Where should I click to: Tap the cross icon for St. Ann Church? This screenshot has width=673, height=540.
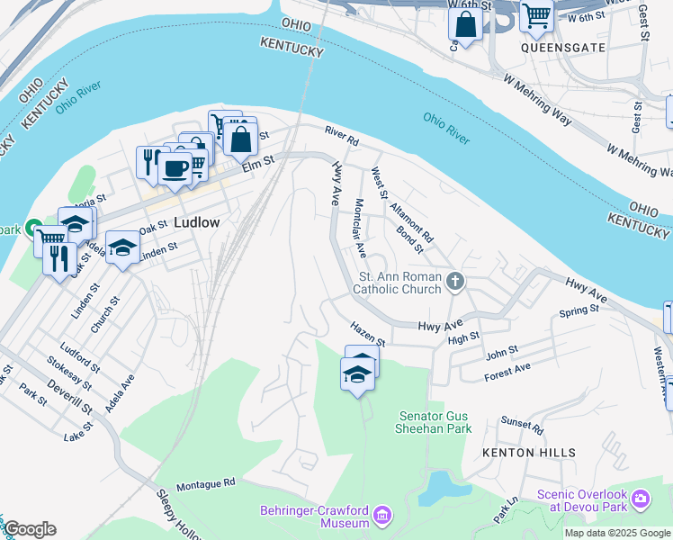456,283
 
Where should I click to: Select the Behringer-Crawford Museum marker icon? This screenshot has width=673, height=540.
383,516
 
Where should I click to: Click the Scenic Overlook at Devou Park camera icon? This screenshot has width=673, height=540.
641,498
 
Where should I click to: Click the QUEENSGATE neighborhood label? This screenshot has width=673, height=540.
559,42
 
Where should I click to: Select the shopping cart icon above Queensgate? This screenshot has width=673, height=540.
536,14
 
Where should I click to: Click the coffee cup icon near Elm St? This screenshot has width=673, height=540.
174,166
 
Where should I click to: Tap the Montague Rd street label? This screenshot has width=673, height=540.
205,483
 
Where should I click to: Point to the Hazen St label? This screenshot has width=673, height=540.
367,337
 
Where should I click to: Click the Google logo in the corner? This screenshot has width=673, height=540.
31,529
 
